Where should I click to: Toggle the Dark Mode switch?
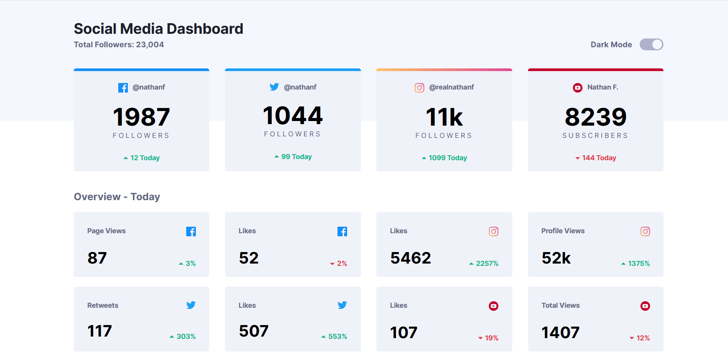(x=651, y=45)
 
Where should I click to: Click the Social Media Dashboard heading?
(x=158, y=29)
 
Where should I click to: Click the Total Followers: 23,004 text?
(x=119, y=45)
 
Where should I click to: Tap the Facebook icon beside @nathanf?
(x=123, y=88)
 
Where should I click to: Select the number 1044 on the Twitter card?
(x=293, y=116)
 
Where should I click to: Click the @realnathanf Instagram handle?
(x=451, y=87)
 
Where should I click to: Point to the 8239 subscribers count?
(x=596, y=117)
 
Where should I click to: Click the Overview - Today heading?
(x=117, y=197)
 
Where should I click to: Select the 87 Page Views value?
(x=97, y=258)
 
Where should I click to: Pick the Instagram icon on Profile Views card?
(x=645, y=231)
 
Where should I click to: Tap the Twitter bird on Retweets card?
(x=191, y=305)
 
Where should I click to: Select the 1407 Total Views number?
(x=560, y=332)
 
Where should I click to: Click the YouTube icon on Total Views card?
(x=645, y=306)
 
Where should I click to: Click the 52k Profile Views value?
(x=556, y=258)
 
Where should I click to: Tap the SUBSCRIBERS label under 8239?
(x=595, y=136)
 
